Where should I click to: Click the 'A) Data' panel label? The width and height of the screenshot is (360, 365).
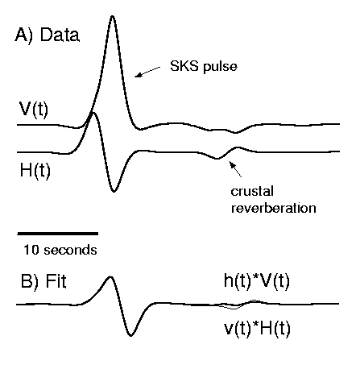48,35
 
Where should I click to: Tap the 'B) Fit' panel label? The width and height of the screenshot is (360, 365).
43,281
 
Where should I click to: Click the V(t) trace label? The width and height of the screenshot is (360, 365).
34,110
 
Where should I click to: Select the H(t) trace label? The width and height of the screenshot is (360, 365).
35,171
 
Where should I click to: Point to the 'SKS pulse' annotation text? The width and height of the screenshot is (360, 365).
204,66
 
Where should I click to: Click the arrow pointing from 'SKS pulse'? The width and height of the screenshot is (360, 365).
147,72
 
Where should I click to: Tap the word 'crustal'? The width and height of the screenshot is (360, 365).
252,191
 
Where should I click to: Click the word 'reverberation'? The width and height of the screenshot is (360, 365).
273,208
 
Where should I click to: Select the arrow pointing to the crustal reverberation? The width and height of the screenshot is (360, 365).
235,169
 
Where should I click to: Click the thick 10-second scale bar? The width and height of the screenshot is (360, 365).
58,234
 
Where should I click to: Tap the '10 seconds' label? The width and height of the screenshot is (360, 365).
60,250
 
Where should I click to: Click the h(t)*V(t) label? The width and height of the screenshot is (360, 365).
257,281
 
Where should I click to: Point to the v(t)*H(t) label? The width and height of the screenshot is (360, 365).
257,329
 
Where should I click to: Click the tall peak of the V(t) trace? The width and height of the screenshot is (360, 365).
113,16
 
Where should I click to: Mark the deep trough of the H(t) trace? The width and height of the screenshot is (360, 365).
114,191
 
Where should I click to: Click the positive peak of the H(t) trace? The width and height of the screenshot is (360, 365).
93,113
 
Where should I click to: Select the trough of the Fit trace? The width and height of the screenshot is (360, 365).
130,335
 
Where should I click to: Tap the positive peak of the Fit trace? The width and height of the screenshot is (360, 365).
110,277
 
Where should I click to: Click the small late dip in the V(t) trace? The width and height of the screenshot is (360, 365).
235,132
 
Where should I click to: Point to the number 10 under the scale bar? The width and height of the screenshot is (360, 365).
31,250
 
